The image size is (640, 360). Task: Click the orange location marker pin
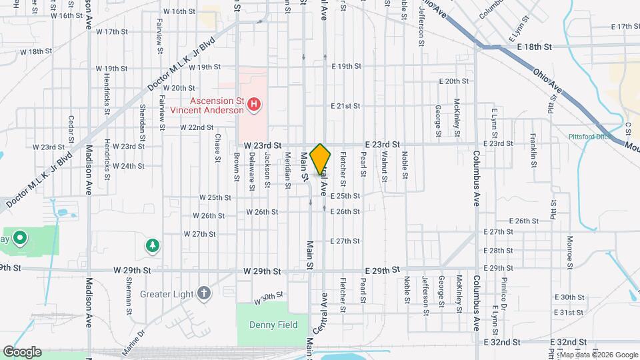pos(321,159)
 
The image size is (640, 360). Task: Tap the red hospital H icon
pos(253,104)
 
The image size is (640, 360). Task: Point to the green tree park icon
pos(153,246)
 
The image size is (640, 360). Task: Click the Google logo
pos(22,352)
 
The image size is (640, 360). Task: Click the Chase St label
pos(217,147)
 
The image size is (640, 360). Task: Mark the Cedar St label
pos(70,127)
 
